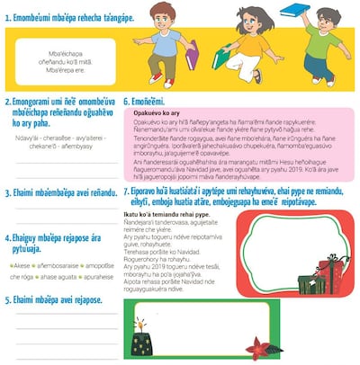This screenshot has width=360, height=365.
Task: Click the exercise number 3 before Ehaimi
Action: [7, 193]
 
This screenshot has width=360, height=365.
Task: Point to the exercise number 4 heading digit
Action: [7, 236]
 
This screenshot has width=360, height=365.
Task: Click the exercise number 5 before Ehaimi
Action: [7, 300]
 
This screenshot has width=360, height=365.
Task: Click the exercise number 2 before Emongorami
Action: [7, 103]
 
